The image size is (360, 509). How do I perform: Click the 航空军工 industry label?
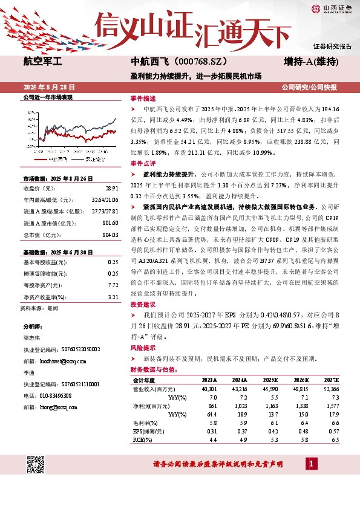(x=42, y=61)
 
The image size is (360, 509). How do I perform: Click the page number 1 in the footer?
(x=311, y=464)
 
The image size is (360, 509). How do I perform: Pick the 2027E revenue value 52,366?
(x=331, y=389)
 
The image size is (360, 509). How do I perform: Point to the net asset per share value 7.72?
(x=113, y=284)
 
